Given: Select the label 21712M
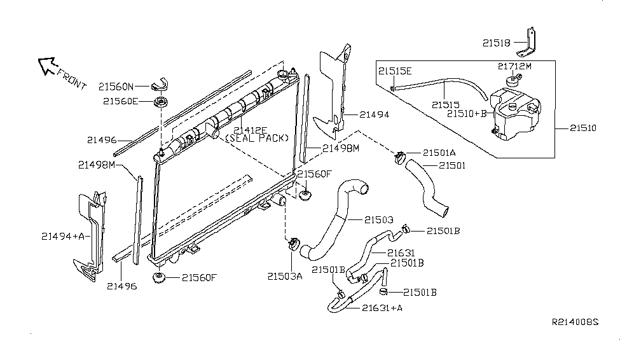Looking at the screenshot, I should pos(514,66).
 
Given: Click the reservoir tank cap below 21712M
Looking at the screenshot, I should pos(511,81).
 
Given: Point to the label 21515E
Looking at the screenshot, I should pos(395,71).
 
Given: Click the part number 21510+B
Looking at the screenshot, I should pos(467,114).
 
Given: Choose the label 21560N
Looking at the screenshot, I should pos(116,86).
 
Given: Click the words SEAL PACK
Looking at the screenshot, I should pos(257,138).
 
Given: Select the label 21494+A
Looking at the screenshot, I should pos(62,237).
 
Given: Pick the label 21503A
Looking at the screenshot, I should pos(285,276).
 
